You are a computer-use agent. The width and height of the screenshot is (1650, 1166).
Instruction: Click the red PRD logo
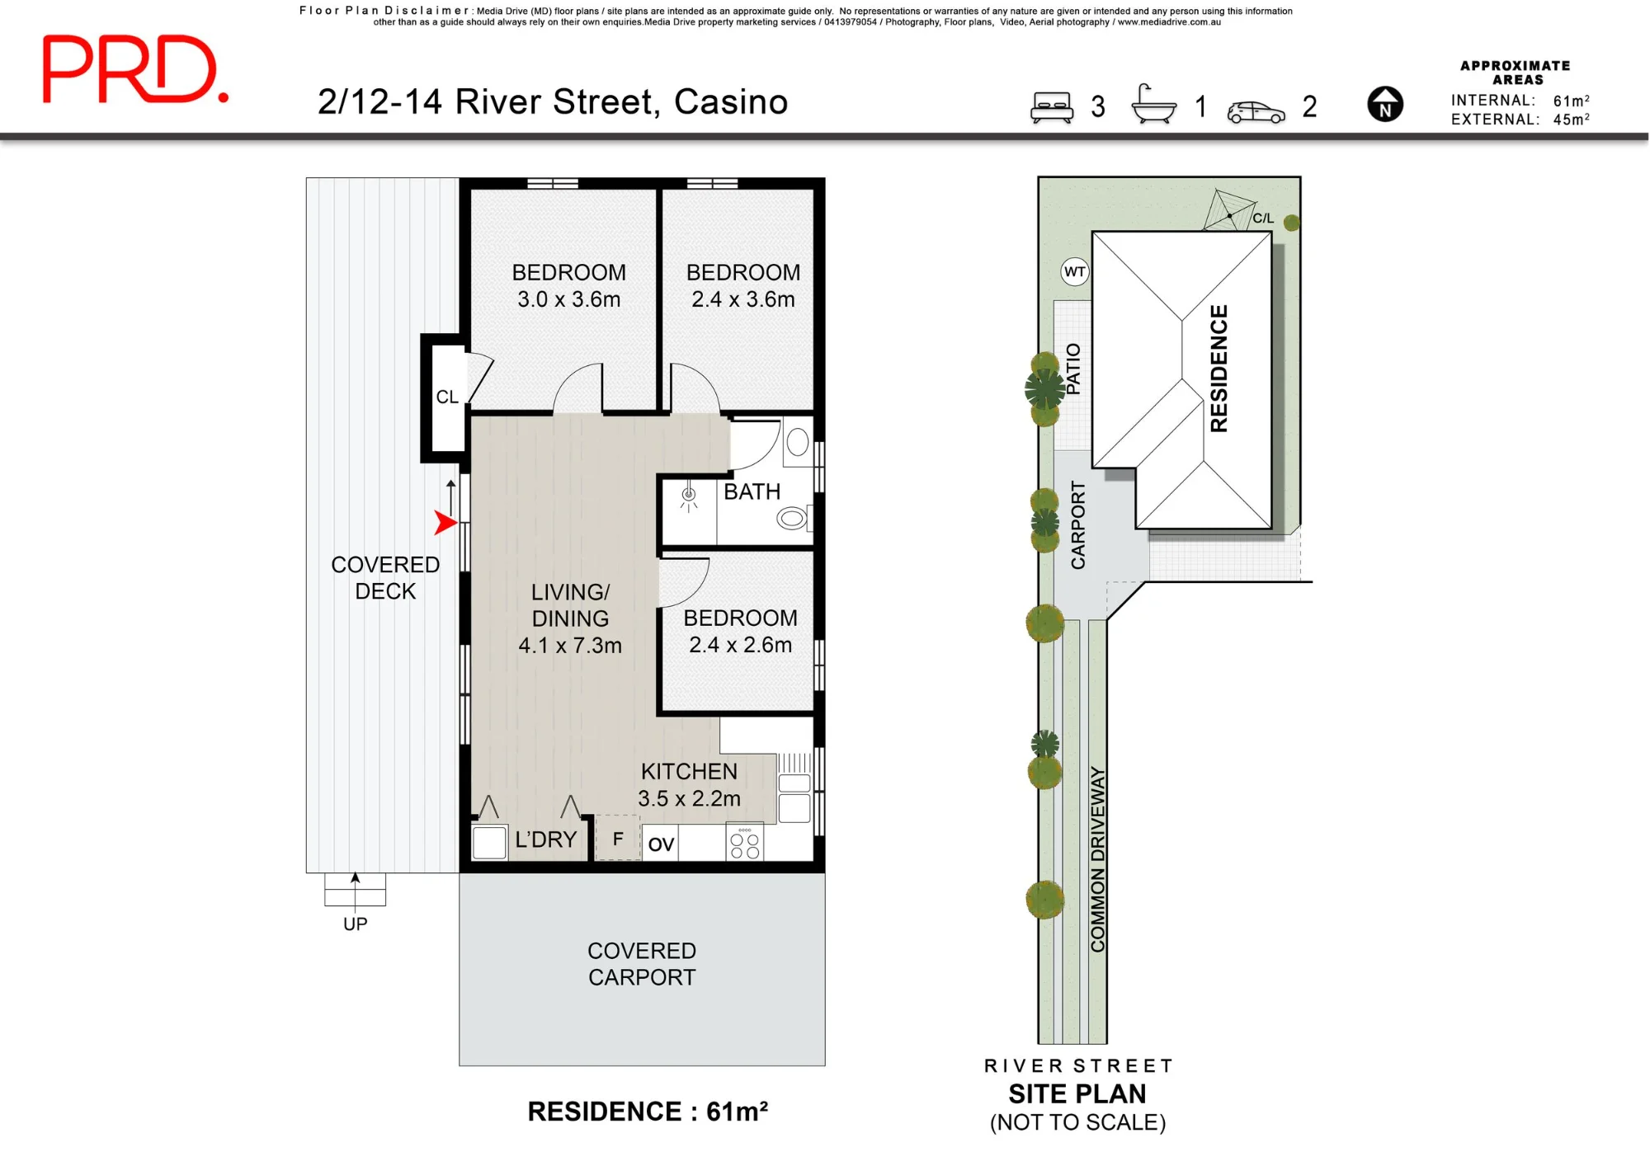tap(134, 69)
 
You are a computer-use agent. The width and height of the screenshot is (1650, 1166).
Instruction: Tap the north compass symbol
tap(1385, 105)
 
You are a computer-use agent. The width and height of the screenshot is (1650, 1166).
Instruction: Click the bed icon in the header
tap(1052, 107)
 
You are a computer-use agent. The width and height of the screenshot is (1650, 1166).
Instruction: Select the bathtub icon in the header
tap(1154, 104)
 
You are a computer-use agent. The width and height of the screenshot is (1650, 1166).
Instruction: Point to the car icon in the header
tap(1256, 112)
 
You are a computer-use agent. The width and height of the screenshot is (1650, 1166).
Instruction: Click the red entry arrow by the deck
tap(446, 522)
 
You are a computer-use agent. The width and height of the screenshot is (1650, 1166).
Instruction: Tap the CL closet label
tap(447, 397)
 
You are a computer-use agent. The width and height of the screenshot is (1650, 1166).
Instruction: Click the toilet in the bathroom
tap(793, 518)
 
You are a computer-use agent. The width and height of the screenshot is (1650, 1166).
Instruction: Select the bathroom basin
tap(797, 443)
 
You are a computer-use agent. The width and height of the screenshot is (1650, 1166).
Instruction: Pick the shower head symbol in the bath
tap(689, 496)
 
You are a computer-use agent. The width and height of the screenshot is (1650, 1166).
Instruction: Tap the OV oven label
tap(661, 844)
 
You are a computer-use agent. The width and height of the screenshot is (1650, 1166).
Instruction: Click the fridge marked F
tap(618, 839)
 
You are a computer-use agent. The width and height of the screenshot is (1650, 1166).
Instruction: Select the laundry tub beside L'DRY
tap(489, 843)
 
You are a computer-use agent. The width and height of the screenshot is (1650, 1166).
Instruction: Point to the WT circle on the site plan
tap(1075, 272)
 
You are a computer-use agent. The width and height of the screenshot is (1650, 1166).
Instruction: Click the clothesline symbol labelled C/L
tap(1228, 211)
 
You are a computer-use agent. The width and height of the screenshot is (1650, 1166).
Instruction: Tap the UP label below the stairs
tap(356, 924)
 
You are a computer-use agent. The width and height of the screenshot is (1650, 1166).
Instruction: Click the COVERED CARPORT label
tap(642, 964)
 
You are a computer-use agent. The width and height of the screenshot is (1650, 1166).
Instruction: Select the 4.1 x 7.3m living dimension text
tap(570, 646)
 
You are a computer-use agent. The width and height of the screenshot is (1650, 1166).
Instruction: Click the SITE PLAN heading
tap(1077, 1093)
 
